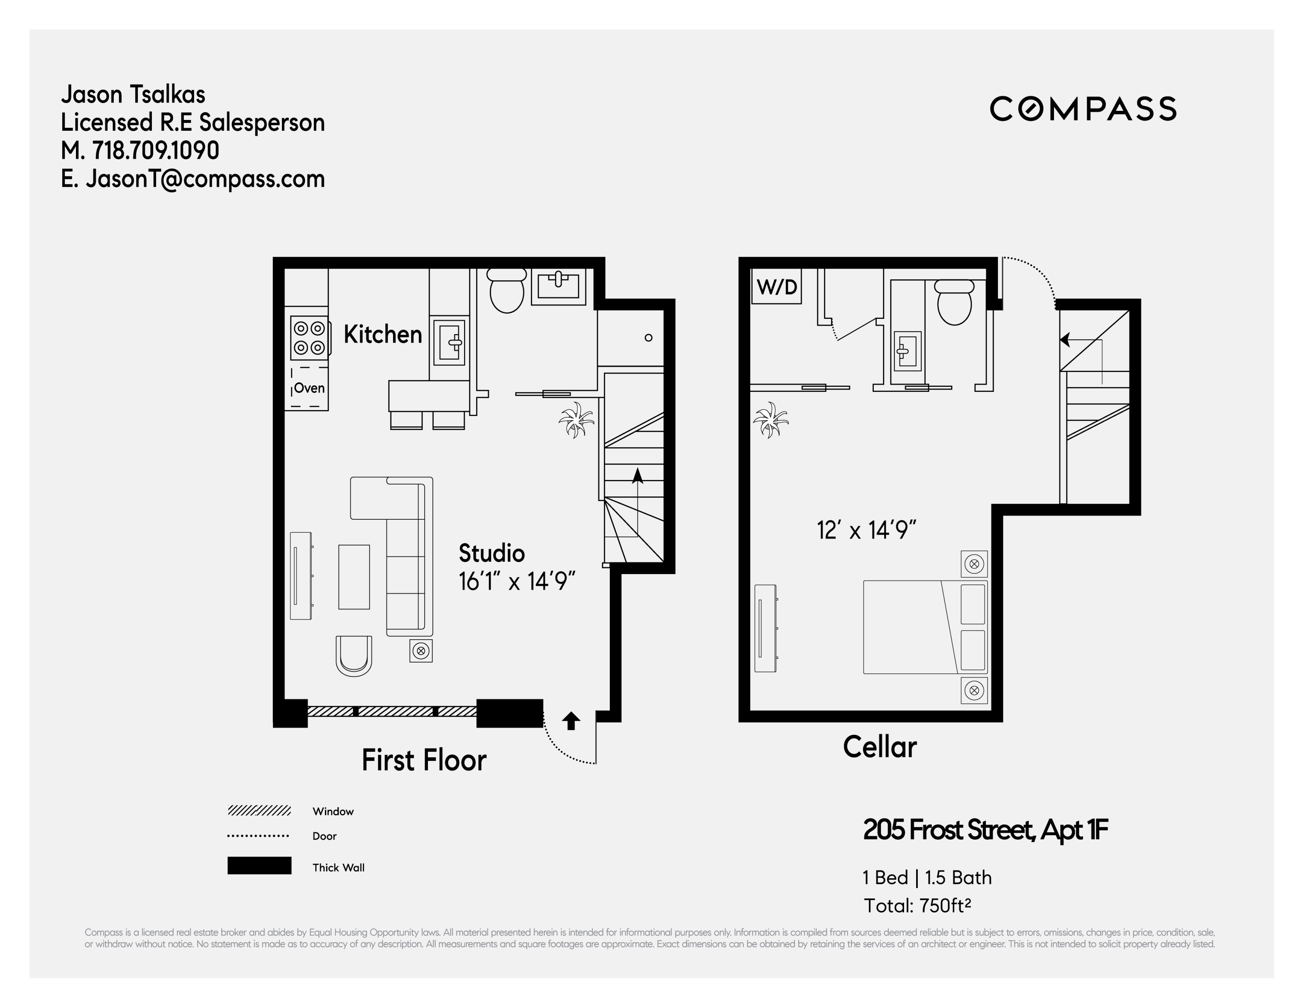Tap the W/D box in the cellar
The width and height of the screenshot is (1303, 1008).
point(776,287)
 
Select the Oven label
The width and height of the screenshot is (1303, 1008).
point(309,388)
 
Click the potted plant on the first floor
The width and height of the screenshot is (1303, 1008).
point(576,420)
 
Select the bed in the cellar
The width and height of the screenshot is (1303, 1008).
point(925,626)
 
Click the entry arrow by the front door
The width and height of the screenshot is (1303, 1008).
point(571,721)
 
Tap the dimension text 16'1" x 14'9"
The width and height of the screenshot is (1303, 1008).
point(517,581)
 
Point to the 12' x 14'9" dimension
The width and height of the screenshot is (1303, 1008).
point(866,529)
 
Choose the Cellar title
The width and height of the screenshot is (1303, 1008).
point(880,746)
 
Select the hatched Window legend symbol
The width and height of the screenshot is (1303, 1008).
point(259,810)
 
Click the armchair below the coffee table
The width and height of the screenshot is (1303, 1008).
point(354,655)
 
